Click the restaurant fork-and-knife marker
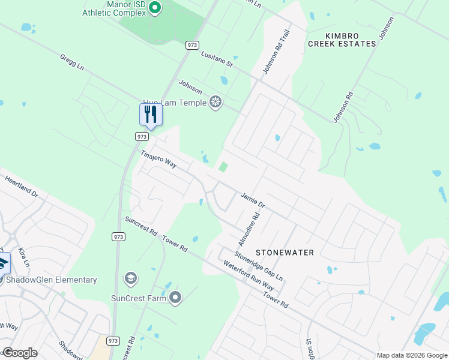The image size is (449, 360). pos(151,114)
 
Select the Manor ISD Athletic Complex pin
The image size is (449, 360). pos(155,8)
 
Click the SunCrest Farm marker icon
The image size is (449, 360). pos(175,298)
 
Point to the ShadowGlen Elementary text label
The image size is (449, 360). pos(51,280)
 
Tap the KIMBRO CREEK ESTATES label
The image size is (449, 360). pos(342,40)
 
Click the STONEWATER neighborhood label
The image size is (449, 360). pos(285,253)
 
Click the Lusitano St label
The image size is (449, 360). pos(216,58)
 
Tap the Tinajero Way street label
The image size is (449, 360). pos(158,159)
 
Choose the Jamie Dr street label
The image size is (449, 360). pos(253,200)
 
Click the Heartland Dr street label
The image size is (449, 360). pos(21,187)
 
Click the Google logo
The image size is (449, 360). pos(20,353)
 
